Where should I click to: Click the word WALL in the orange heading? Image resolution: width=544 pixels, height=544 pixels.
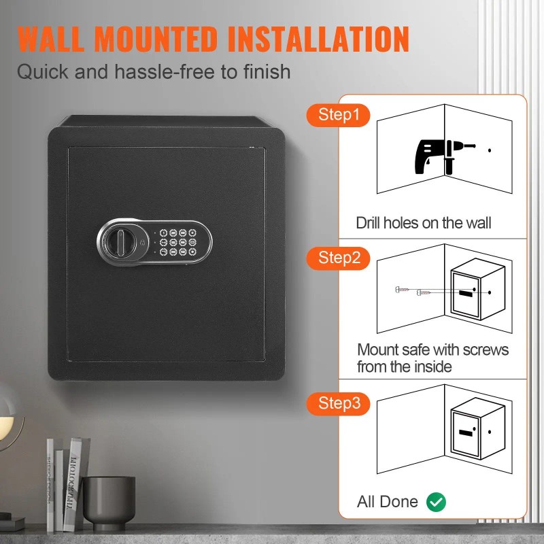(x=50, y=39)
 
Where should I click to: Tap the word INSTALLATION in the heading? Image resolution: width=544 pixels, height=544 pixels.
(x=318, y=39)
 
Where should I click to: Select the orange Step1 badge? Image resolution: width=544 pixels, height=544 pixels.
(x=338, y=115)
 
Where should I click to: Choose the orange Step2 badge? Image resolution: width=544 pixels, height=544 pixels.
(x=338, y=258)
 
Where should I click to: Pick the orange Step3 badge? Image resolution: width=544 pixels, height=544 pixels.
(x=338, y=403)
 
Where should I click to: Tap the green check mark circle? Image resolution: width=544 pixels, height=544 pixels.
(x=436, y=502)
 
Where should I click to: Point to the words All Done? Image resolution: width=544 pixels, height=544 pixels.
(x=388, y=502)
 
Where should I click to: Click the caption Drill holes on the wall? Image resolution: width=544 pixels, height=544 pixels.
(x=424, y=223)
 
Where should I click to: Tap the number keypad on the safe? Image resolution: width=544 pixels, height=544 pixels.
(x=178, y=242)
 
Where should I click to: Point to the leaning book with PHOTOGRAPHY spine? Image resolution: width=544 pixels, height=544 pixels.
(x=74, y=484)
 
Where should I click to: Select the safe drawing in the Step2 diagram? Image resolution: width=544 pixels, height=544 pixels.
(x=478, y=289)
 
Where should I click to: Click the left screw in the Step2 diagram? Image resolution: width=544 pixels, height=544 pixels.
(x=402, y=289)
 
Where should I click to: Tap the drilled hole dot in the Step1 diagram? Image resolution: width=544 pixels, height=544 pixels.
(x=490, y=150)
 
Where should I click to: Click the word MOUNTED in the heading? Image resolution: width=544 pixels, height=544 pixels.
(x=156, y=39)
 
